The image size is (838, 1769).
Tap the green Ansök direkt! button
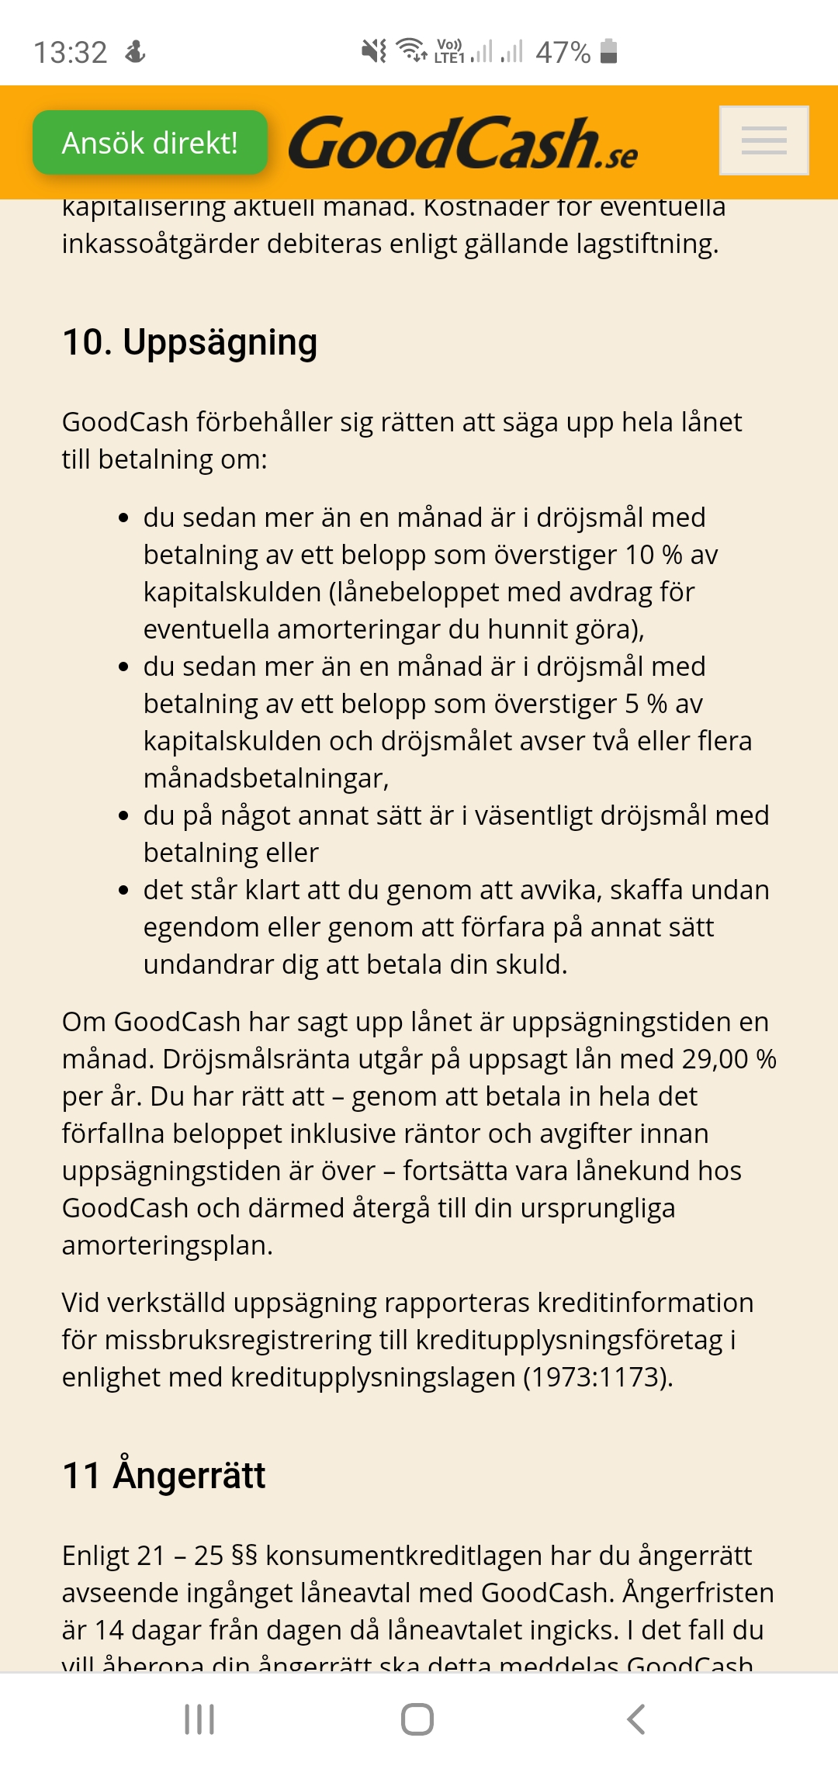(150, 143)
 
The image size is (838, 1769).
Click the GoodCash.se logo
(462, 144)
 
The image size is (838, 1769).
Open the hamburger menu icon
(764, 140)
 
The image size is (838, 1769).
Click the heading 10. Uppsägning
(189, 342)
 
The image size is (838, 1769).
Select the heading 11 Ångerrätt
(164, 1475)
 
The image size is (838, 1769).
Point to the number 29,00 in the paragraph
(715, 1059)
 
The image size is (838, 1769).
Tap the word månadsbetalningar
(265, 778)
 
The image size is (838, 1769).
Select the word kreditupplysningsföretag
(569, 1340)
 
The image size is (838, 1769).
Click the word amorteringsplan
(166, 1245)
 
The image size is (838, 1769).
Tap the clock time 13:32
(71, 53)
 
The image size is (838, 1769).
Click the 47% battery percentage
(563, 53)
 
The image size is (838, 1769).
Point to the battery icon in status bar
(609, 51)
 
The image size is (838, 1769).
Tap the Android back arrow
(635, 1719)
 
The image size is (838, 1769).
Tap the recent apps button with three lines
(199, 1719)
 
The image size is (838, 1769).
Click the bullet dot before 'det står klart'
(123, 891)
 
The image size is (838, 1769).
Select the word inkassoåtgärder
(160, 244)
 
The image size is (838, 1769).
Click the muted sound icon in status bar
(374, 51)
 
